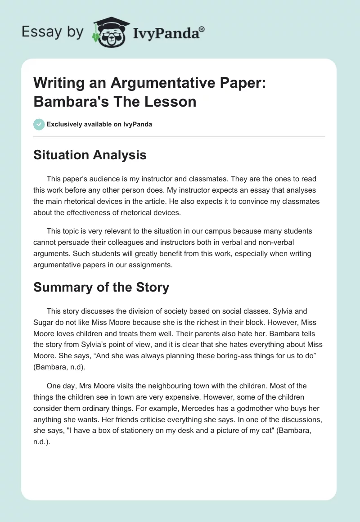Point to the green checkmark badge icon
tap(39, 124)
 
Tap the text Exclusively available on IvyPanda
tap(99, 124)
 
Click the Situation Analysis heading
tap(90, 155)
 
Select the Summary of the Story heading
tap(101, 288)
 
